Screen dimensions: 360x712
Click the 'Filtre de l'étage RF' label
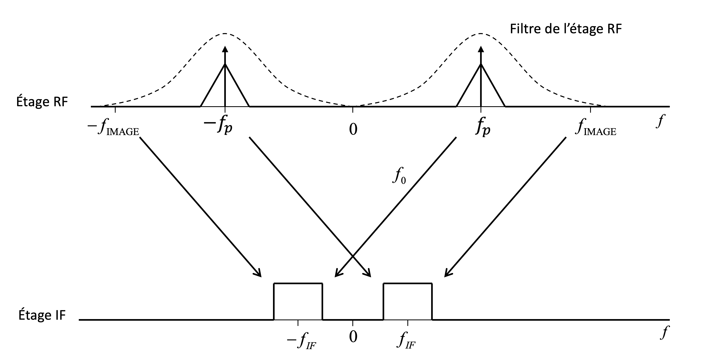(566, 29)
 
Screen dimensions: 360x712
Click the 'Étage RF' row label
(42, 102)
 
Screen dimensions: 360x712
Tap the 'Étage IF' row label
(42, 315)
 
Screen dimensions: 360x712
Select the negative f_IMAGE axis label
(113, 129)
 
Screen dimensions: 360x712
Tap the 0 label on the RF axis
(353, 129)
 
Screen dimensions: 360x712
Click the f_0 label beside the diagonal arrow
(399, 176)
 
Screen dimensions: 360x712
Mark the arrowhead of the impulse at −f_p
(225, 49)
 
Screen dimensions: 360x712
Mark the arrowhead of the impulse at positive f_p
(481, 49)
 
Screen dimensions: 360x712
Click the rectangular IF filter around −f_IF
(298, 301)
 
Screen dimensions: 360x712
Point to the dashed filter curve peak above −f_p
(225, 34)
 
